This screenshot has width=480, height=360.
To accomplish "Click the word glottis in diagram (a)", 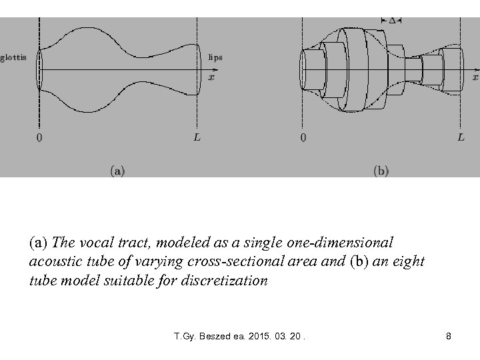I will pos(13,57).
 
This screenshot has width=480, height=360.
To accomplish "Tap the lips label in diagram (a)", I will pos(215,57).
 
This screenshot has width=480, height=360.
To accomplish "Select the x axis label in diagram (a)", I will pos(212,77).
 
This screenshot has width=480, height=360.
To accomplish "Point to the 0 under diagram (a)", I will pos(39,138).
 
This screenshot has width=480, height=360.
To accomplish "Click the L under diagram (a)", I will pos(197,137).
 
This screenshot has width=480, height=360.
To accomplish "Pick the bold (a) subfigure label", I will pos(117,171).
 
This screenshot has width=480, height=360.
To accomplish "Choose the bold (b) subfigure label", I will pos(381,171).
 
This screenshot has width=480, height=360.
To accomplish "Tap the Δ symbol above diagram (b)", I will pos(391,21).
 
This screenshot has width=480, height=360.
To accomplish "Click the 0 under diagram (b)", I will pos(304,138).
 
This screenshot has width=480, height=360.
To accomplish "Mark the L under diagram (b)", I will pos(461,137).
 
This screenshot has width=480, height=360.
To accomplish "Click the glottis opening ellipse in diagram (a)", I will pos(39,69).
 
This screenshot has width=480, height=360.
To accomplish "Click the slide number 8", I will pos(449,337).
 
